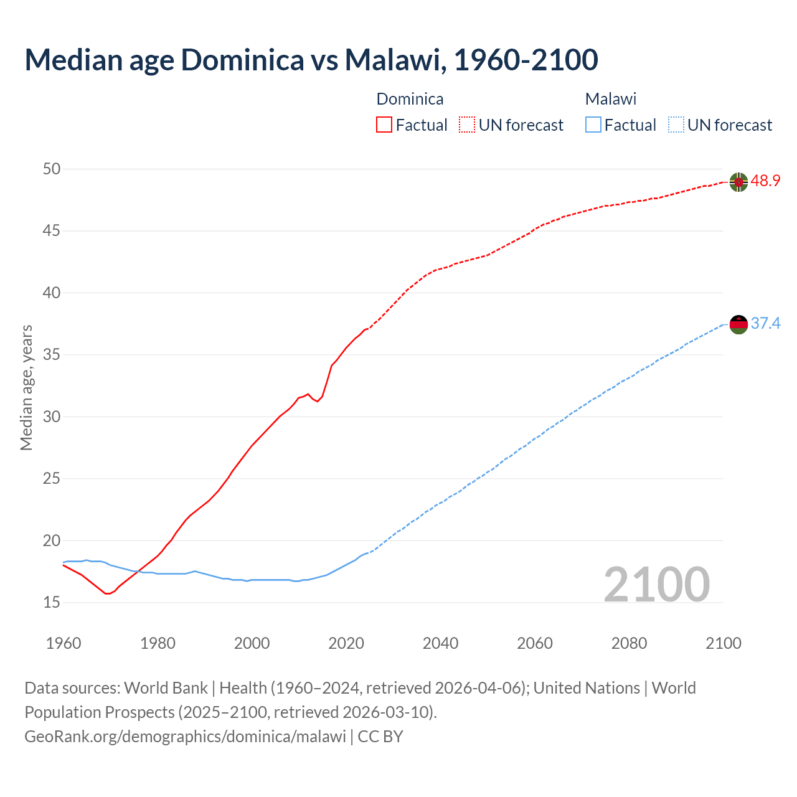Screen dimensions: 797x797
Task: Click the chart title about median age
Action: [x=311, y=60]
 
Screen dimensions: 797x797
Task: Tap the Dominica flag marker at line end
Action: [x=738, y=182]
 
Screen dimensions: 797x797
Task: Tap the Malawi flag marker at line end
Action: [x=738, y=324]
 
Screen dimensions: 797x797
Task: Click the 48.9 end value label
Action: [x=765, y=181]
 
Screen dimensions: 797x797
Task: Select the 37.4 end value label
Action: [x=765, y=323]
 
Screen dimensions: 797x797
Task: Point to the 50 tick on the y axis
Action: [x=52, y=169]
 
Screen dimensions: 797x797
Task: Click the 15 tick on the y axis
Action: [x=52, y=602]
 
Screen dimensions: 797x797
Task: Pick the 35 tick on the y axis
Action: [x=52, y=355]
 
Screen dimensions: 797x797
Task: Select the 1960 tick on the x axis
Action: [x=64, y=643]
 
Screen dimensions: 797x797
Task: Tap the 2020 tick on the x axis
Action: [x=346, y=643]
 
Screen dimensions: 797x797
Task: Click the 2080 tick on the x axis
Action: [x=629, y=643]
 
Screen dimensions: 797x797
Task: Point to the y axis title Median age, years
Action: [x=26, y=387]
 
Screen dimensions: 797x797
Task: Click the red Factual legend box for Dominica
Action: [x=384, y=125]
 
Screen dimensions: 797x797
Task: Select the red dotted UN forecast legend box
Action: [x=467, y=125]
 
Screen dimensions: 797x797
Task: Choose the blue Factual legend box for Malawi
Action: [x=593, y=125]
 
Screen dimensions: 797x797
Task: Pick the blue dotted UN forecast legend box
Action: [x=676, y=125]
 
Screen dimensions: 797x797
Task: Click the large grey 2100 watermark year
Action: [x=656, y=584]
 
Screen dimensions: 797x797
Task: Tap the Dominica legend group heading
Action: [x=410, y=99]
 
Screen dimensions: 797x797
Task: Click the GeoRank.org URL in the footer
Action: [x=185, y=737]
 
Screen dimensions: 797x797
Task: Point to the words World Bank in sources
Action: [x=166, y=688]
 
